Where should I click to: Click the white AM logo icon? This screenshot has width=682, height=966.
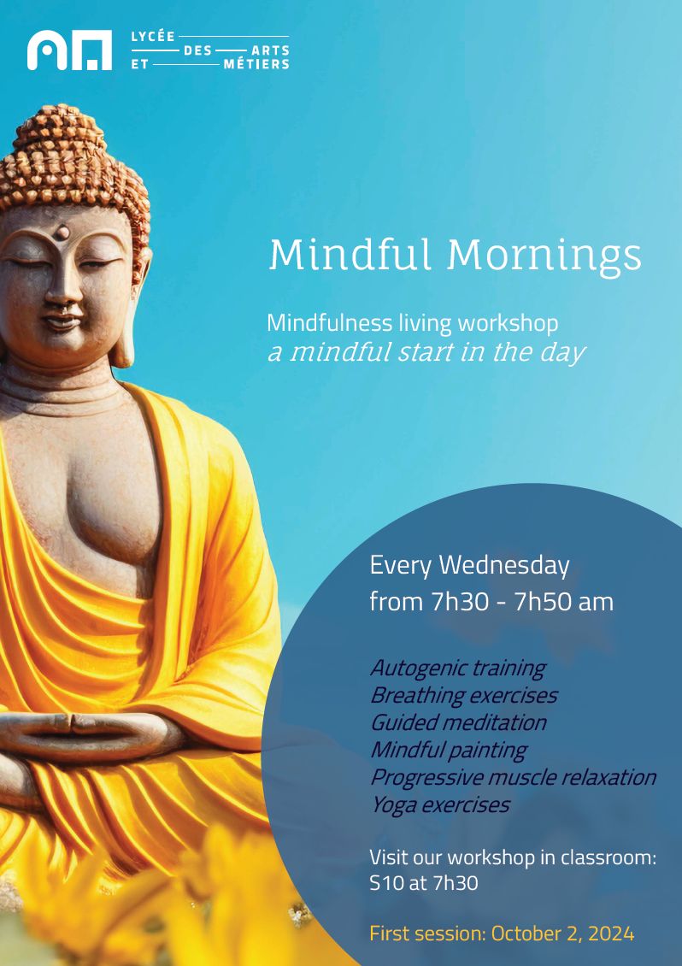pyautogui.click(x=69, y=50)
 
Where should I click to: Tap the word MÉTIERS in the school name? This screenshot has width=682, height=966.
pyautogui.click(x=256, y=64)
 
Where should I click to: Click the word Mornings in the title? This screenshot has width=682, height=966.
pyautogui.click(x=544, y=256)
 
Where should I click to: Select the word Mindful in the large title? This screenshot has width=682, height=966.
pyautogui.click(x=350, y=254)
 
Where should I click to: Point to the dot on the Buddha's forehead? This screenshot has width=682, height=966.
pyautogui.click(x=61, y=233)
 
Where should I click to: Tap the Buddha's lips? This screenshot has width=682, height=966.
pyautogui.click(x=62, y=321)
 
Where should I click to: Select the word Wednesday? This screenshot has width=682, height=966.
pyautogui.click(x=503, y=565)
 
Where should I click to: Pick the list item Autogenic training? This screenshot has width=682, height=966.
pyautogui.click(x=458, y=668)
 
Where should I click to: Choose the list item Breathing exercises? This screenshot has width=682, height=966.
pyautogui.click(x=463, y=695)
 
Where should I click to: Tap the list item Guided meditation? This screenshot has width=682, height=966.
pyautogui.click(x=458, y=722)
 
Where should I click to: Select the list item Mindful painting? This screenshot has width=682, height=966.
pyautogui.click(x=448, y=750)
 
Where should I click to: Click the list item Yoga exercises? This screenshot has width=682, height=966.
pyautogui.click(x=439, y=804)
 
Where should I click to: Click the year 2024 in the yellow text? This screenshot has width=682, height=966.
pyautogui.click(x=611, y=934)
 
